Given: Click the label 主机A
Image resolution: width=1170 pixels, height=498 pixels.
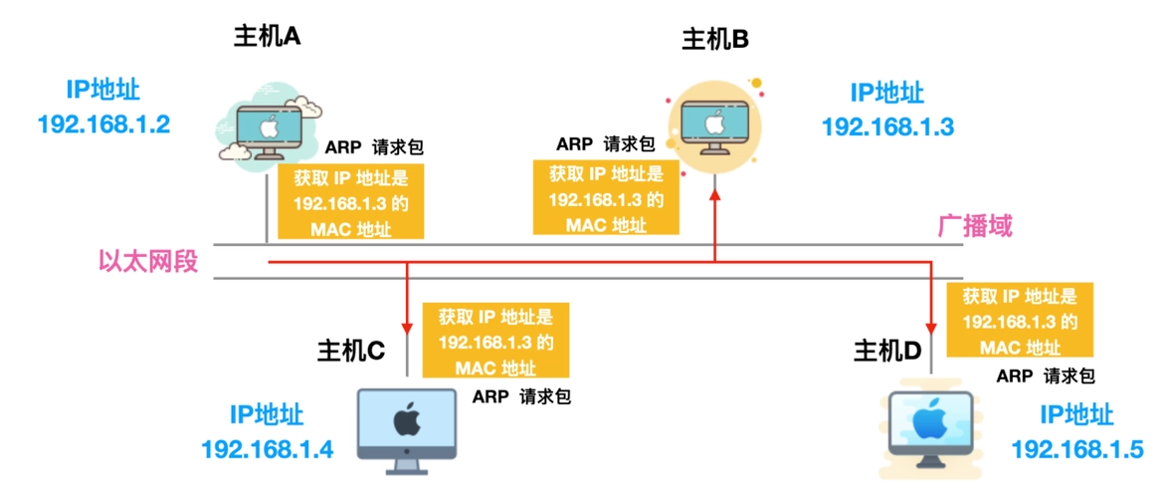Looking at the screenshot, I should tap(267, 37).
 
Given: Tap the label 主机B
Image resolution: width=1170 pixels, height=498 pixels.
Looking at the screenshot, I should tap(714, 40).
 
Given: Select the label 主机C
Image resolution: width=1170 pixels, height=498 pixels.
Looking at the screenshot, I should tap(350, 351).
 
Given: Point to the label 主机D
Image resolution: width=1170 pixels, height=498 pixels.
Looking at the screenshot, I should tap(887, 351).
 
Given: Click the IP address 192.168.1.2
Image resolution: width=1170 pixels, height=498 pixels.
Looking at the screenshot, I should tap(103, 124).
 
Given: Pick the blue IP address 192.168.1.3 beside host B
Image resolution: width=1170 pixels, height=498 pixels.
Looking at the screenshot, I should tap(887, 126).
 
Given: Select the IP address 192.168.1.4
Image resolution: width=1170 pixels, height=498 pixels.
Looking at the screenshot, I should tap(267, 449).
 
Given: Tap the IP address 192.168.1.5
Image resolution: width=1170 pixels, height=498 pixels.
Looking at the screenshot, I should tap(1076, 449).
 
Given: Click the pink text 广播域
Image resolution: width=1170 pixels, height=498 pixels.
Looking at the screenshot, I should tap(976, 226).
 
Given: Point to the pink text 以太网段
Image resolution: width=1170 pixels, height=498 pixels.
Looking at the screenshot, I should tap(148, 262).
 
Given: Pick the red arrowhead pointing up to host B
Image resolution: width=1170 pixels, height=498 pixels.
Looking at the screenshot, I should tap(714, 196).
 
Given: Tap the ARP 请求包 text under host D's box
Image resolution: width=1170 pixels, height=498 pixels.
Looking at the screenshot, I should tap(1046, 376).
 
